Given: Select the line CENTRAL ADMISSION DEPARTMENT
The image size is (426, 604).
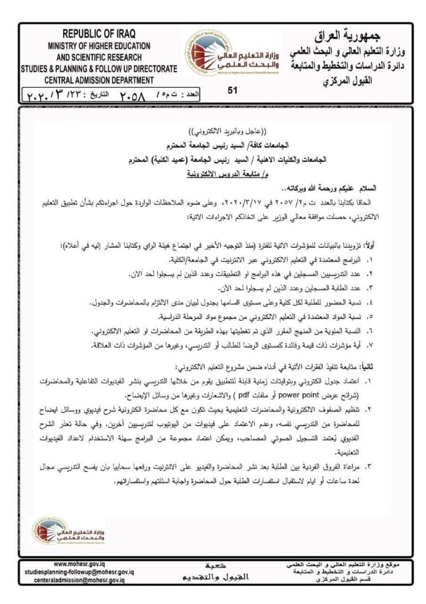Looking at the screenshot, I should click(99, 80).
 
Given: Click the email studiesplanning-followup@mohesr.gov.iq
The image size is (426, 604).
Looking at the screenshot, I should click(80, 572).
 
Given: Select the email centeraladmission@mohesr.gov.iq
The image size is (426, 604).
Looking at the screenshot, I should click(80, 580).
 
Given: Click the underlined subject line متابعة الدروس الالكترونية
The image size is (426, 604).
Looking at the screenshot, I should click(213, 174).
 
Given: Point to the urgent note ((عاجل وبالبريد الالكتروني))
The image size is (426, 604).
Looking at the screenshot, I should click(213, 132).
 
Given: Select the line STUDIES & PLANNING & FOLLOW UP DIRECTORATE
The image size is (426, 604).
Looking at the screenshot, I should click(99, 69).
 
